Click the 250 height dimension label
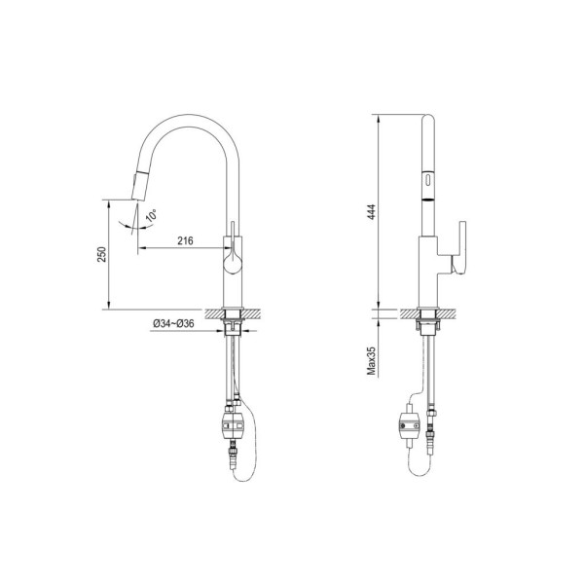tap(101, 254)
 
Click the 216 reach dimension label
tap(185, 241)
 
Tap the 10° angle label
tap(151, 216)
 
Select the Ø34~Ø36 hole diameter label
tap(173, 324)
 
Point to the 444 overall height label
tap(372, 212)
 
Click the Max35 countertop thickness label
tap(372, 360)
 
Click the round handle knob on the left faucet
tap(233, 265)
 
